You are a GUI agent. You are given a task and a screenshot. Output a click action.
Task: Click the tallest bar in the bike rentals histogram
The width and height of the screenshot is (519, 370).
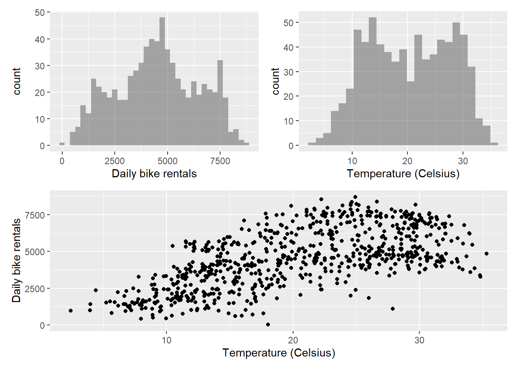162,81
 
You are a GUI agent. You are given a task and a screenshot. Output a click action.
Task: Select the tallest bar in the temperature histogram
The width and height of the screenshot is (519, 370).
373,81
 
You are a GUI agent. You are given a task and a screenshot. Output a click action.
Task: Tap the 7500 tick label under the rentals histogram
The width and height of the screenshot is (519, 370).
220,161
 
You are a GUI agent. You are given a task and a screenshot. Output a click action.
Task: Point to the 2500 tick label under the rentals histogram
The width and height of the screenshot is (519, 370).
115,161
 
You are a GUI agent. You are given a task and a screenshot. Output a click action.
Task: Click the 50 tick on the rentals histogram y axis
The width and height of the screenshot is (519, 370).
40,13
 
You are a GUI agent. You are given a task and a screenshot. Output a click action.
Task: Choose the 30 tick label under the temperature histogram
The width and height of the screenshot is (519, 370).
463,161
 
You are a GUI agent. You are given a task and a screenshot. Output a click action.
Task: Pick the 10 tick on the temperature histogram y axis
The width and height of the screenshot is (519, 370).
289,121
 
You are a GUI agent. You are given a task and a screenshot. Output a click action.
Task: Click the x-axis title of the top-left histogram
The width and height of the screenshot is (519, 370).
154,174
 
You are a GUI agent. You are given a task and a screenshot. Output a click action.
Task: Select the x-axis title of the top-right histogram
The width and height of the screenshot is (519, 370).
403,174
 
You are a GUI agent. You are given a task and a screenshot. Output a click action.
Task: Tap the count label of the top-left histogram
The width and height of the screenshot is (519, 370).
17,81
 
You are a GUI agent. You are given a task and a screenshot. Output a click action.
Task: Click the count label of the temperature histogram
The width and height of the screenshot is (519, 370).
275,81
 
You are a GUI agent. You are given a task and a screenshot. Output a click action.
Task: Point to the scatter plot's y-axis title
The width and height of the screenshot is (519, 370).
16,261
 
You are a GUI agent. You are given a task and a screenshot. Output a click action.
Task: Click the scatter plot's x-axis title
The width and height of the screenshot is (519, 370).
278,353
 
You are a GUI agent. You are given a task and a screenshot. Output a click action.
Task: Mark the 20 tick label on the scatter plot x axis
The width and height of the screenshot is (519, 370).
293,340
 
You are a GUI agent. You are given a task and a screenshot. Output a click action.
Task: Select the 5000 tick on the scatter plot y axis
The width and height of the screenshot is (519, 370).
35,252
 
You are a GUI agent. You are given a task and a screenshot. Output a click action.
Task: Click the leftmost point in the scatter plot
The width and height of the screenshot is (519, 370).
71,311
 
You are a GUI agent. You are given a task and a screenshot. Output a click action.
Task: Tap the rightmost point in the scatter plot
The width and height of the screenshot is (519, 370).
487,254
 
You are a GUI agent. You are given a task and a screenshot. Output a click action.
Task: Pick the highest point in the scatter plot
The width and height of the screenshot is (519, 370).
355,197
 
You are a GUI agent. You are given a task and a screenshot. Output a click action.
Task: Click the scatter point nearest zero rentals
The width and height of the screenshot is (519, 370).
268,325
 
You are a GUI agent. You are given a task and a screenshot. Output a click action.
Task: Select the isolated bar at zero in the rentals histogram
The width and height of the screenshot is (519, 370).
62,144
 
